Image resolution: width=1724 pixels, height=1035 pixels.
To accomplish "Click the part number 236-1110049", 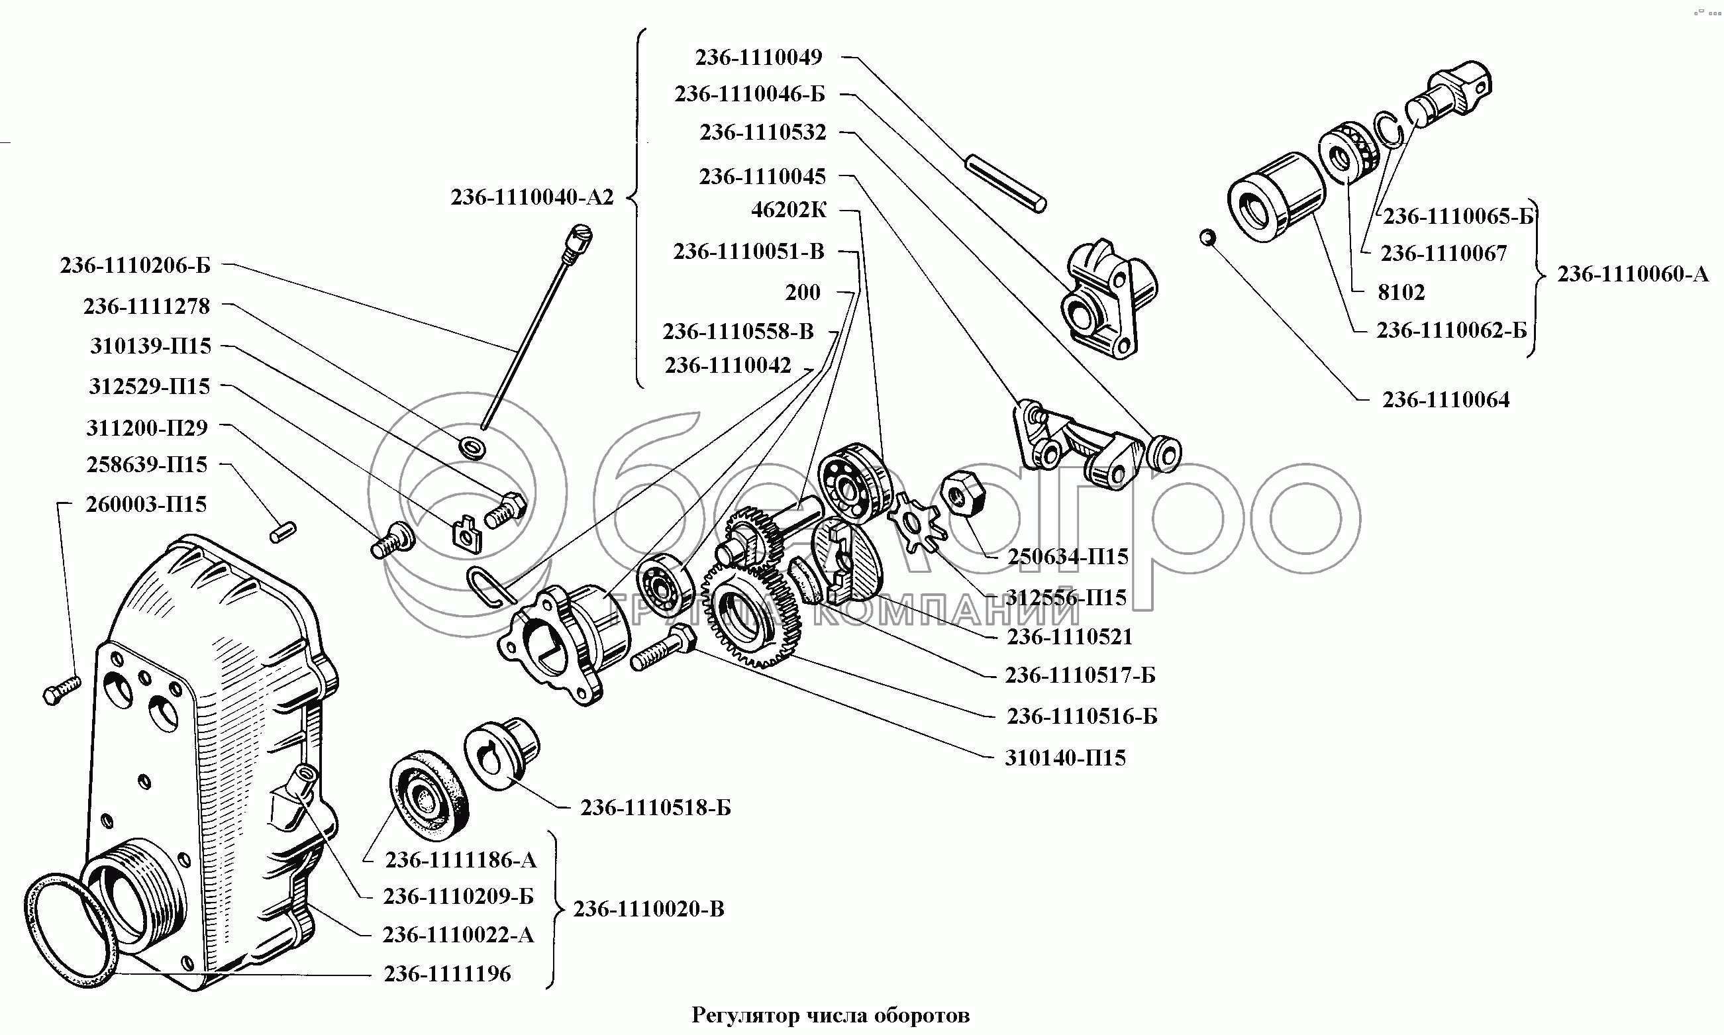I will pyautogui.click(x=759, y=57).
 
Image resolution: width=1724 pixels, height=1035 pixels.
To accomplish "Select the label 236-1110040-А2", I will pyautogui.click(x=532, y=198).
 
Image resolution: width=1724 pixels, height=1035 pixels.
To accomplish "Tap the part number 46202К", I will pyautogui.click(x=789, y=210).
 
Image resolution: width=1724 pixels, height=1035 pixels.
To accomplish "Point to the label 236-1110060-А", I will pyautogui.click(x=1633, y=275).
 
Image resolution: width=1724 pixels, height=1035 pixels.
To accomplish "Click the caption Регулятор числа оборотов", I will pyautogui.click(x=830, y=1016).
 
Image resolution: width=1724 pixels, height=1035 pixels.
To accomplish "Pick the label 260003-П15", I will pyautogui.click(x=146, y=504).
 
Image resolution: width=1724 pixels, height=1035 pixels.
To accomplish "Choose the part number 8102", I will pyautogui.click(x=1401, y=292).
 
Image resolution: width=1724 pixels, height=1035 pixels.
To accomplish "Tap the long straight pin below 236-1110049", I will pyautogui.click(x=1005, y=184).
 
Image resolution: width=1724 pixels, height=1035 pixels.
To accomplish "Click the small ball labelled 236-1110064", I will pyautogui.click(x=1207, y=238).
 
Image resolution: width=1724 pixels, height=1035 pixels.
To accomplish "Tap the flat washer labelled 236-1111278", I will pyautogui.click(x=474, y=447).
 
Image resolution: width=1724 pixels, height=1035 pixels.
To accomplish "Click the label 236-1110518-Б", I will pyautogui.click(x=656, y=808).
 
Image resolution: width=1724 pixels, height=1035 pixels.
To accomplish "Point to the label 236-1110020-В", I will pyautogui.click(x=648, y=909).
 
